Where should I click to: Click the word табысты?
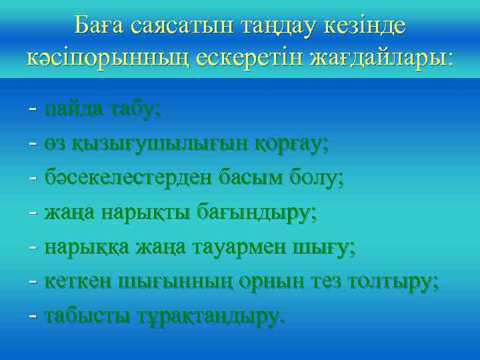(87, 317)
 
